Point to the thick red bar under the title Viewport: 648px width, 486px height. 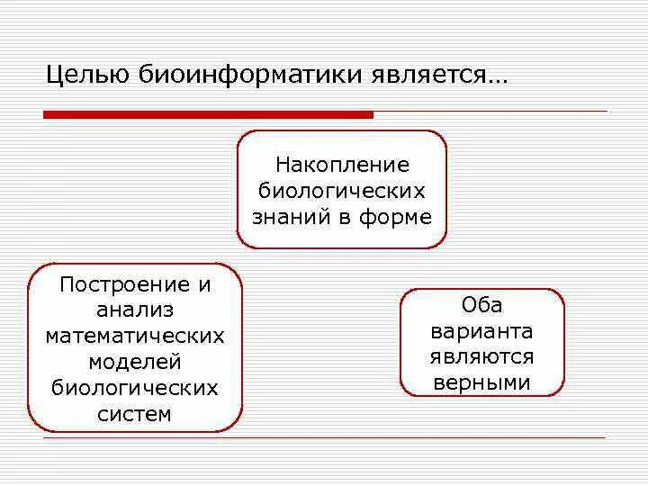(x=208, y=115)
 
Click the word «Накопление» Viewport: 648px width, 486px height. (x=342, y=166)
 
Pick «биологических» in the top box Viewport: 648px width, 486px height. (x=342, y=191)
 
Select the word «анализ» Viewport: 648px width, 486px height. (x=135, y=310)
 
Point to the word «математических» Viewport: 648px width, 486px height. (x=135, y=337)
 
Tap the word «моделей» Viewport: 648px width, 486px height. (x=135, y=363)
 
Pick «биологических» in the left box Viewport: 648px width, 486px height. (x=135, y=388)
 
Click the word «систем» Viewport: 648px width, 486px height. (x=135, y=414)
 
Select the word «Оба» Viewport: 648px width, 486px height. (x=481, y=304)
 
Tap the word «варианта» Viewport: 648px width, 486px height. (x=481, y=330)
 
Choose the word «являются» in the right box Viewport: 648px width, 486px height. (x=481, y=356)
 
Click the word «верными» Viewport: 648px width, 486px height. (x=481, y=382)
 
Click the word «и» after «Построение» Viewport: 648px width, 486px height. (x=205, y=285)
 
